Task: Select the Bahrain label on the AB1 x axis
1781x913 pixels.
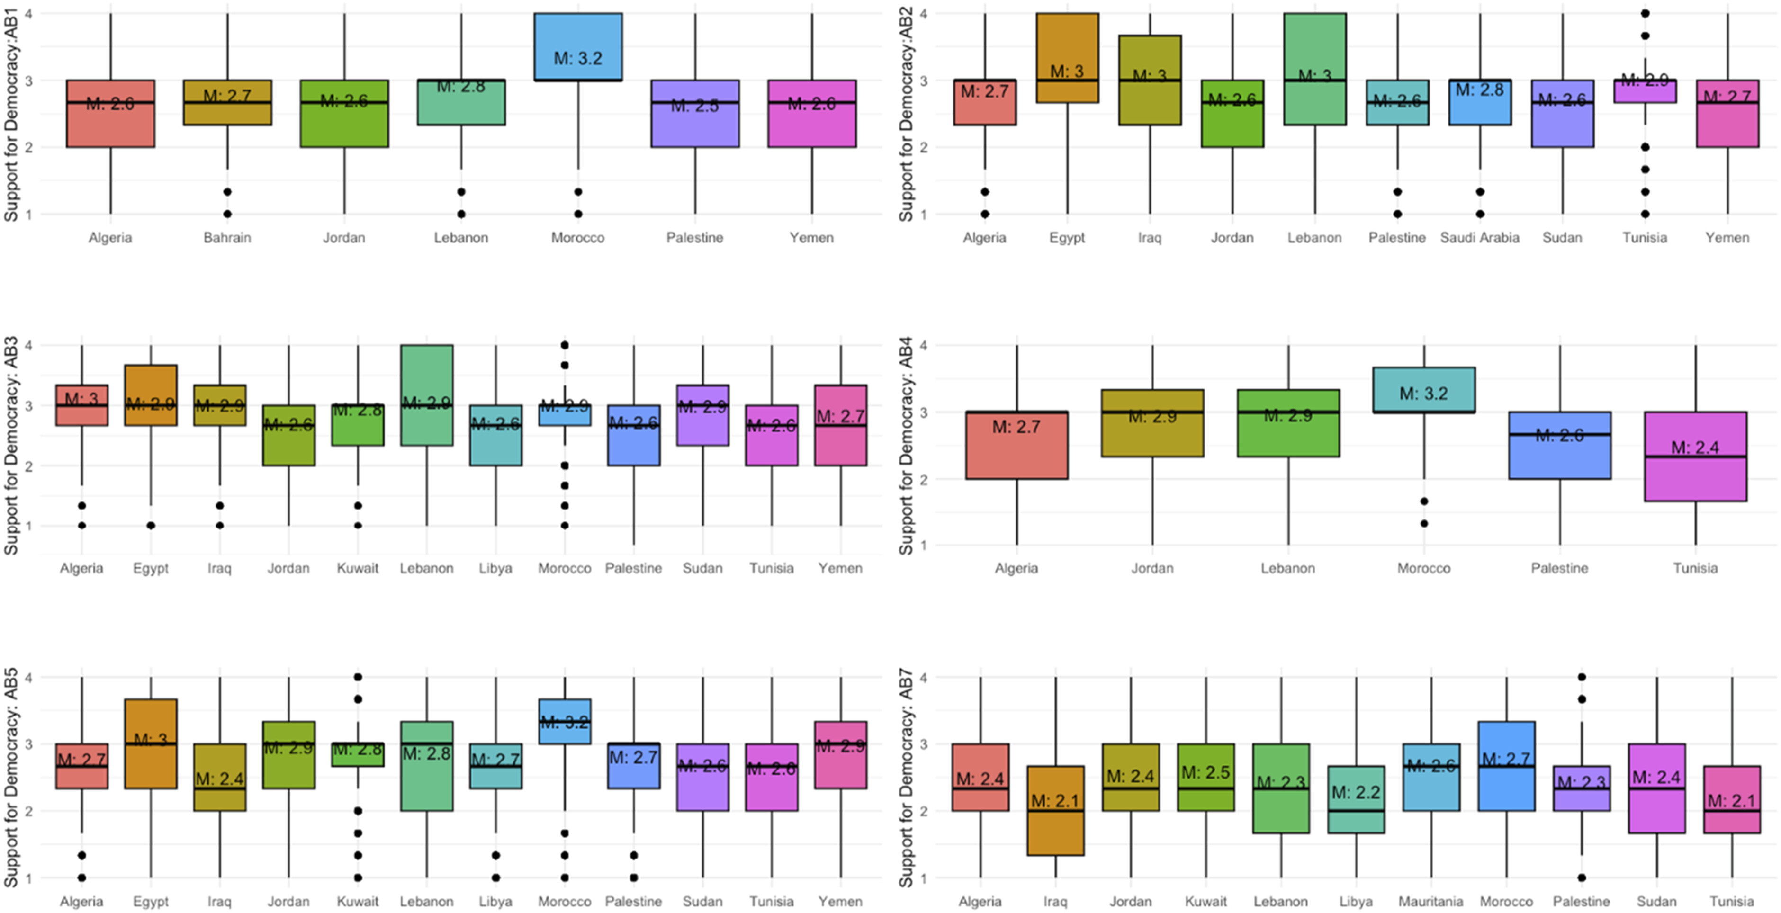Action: point(227,238)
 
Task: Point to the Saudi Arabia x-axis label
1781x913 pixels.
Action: point(1480,238)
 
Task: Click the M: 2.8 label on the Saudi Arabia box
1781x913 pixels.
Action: point(1480,90)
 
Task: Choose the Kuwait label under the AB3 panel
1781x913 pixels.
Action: point(358,569)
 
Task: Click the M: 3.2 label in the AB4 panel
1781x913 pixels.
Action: point(1423,393)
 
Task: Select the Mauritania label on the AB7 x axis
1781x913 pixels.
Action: point(1430,901)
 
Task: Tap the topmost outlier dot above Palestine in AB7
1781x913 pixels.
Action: point(1581,677)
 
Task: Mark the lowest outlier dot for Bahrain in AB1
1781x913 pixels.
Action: point(227,214)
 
